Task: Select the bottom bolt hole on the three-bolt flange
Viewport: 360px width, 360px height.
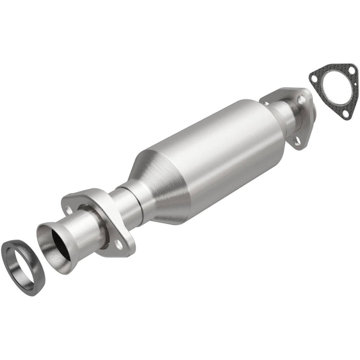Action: tap(298, 141)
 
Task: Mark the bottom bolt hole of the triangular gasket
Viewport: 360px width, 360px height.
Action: tap(344, 115)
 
